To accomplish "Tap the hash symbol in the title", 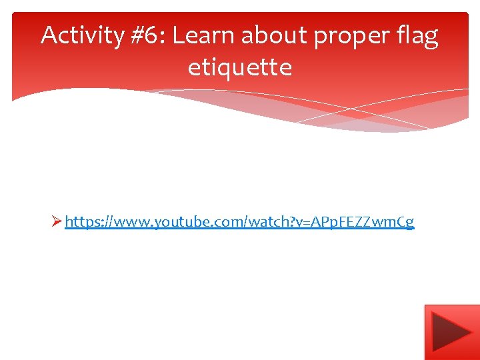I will (137, 36).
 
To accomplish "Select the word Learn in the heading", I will (201, 36).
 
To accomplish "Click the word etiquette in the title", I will (240, 67).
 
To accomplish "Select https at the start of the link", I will (81, 222).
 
